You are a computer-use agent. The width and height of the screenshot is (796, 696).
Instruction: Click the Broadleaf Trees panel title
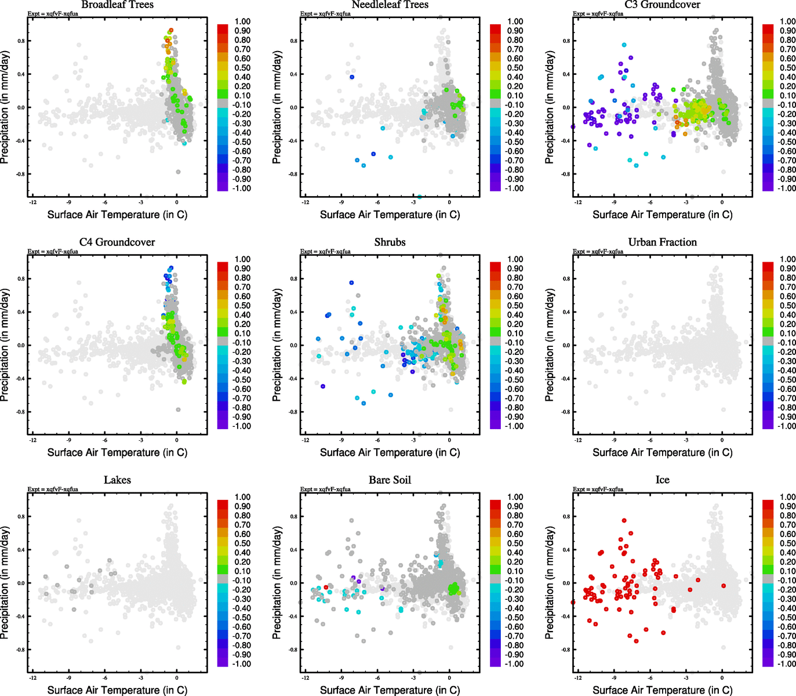[117, 5]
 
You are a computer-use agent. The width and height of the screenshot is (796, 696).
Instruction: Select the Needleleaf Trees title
[390, 5]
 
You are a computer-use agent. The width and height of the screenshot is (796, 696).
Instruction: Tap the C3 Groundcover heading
[662, 5]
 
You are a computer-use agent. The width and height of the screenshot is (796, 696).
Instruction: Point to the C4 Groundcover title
[117, 242]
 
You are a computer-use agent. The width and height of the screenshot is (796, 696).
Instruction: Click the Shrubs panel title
[390, 242]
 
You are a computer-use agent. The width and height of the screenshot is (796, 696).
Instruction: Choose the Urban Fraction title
[662, 242]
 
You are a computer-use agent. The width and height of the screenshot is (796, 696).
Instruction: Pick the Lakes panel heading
[117, 480]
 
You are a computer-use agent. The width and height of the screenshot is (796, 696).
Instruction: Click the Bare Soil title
[390, 480]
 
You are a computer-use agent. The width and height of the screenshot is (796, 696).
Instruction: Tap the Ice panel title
[662, 480]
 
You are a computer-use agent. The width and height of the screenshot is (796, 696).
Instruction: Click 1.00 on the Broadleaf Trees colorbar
[242, 21]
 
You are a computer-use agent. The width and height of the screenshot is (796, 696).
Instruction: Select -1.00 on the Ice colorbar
[787, 664]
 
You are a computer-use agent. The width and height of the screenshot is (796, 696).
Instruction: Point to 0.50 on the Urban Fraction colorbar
[787, 306]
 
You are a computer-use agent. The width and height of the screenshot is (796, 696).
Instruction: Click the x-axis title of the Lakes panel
[117, 690]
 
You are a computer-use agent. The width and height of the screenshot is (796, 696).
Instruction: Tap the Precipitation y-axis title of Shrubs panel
[277, 345]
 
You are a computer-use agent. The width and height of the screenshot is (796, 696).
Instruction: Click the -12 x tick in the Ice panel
[578, 677]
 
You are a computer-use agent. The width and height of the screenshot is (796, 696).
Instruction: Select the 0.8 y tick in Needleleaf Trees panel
[293, 41]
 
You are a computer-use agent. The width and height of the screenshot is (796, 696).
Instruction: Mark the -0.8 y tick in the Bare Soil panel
[293, 650]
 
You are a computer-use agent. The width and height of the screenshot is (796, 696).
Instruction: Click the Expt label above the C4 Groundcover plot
[53, 251]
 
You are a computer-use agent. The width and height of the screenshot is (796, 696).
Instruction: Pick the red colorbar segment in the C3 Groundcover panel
[768, 28]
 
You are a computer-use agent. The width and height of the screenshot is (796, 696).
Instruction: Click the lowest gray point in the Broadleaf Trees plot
[178, 172]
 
